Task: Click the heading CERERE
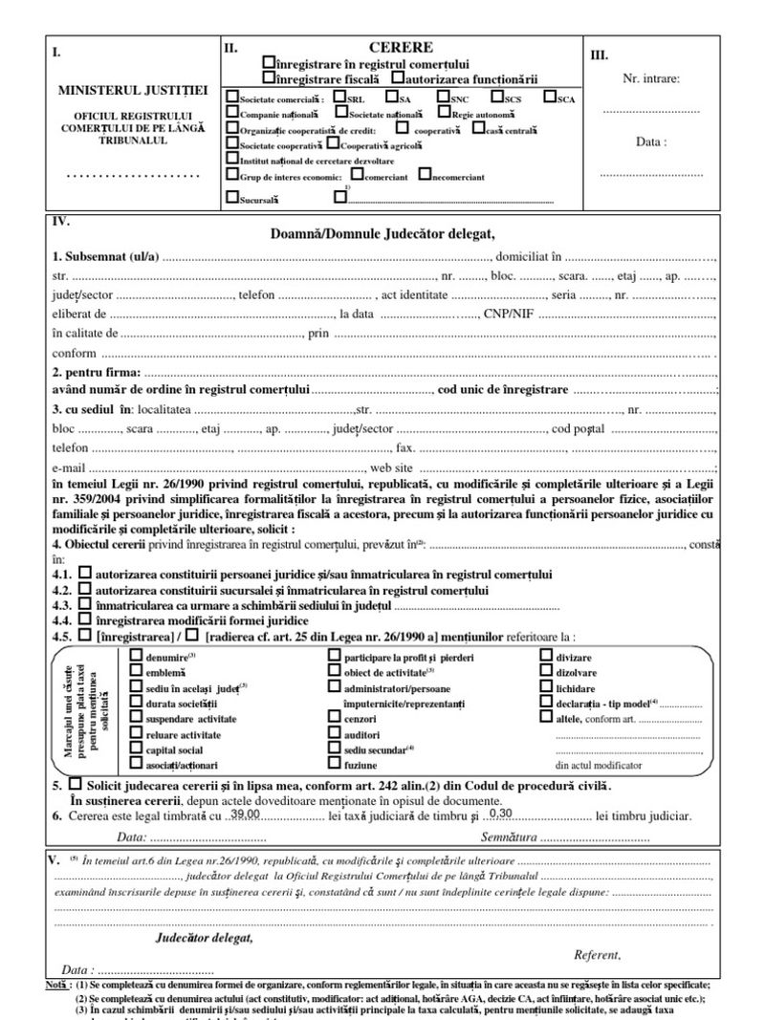click(x=401, y=47)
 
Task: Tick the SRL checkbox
click(x=339, y=97)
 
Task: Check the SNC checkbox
click(x=443, y=97)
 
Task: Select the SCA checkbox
click(x=549, y=97)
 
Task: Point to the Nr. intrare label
click(x=651, y=79)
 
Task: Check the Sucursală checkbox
click(x=232, y=198)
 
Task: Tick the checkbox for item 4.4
click(x=85, y=618)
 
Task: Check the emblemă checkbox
click(x=135, y=672)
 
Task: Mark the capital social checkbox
click(x=135, y=749)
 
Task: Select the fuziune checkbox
click(x=334, y=764)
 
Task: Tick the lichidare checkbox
click(x=546, y=687)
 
